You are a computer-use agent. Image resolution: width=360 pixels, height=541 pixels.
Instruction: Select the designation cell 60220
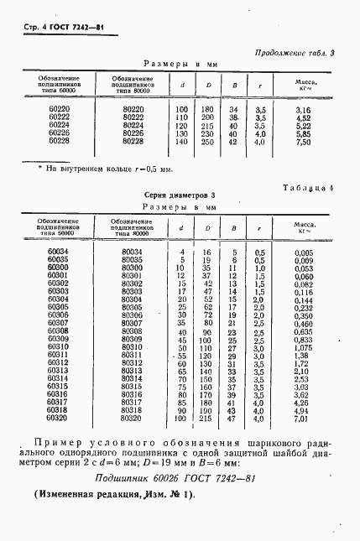tap(60, 110)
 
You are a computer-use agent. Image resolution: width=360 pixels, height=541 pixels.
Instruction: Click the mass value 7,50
tap(304, 142)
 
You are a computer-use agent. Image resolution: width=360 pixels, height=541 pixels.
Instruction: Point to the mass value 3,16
tap(304, 110)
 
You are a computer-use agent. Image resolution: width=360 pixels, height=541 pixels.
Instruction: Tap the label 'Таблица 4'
tap(306, 189)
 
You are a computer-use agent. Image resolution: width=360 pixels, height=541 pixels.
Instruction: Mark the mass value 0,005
tap(304, 252)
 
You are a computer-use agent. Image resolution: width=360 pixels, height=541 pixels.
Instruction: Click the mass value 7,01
tap(304, 417)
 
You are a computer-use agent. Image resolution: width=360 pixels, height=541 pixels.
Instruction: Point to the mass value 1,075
tap(304, 347)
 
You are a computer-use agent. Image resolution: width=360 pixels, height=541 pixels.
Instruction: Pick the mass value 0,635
tap(304, 330)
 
